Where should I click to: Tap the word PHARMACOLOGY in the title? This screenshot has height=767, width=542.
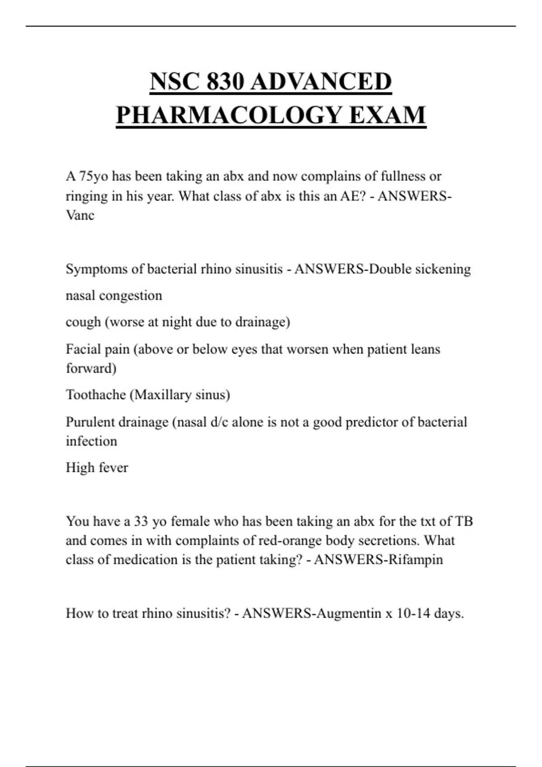(229, 115)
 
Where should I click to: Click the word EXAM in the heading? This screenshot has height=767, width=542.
(387, 115)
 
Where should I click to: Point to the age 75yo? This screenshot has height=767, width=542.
(93, 176)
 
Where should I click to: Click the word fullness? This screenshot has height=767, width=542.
(403, 176)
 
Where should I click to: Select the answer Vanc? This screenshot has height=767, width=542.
(80, 215)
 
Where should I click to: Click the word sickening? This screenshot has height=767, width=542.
(443, 269)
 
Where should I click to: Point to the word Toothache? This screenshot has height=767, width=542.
(96, 395)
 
